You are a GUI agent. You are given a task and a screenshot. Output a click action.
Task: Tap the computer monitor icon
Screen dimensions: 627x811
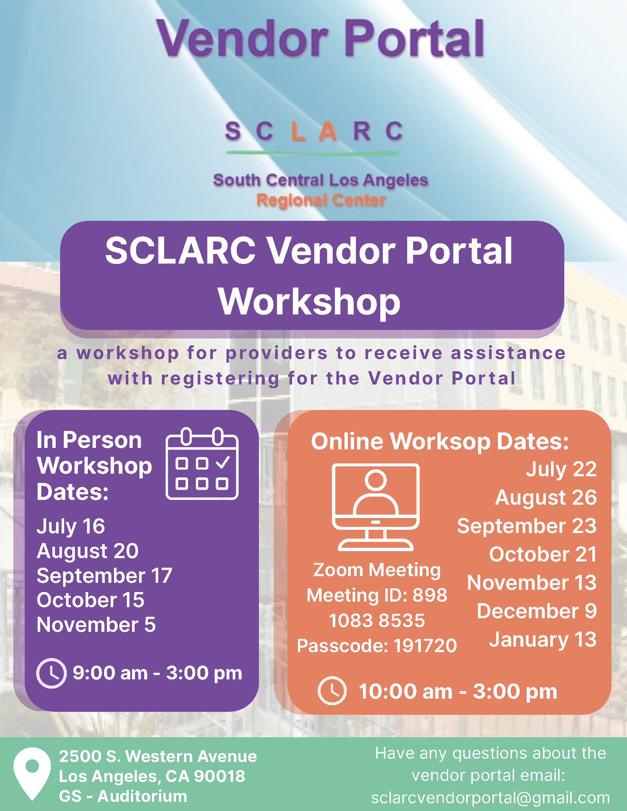point(375,507)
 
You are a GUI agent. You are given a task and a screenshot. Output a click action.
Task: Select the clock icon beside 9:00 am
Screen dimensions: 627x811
point(51,673)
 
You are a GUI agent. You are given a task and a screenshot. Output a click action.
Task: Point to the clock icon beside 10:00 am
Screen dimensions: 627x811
point(332,691)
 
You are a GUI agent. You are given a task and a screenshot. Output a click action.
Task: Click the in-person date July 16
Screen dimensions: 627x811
point(70,526)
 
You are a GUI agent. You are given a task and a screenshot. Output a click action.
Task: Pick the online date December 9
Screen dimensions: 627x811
point(537,611)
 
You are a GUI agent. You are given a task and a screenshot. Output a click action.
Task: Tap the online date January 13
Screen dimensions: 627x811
point(543,640)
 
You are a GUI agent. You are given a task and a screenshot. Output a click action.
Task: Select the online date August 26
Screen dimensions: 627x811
point(546,498)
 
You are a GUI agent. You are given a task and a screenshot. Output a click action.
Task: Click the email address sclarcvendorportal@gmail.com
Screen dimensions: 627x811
point(490,798)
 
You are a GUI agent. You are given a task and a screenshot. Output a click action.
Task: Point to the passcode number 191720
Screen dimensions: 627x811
point(425,645)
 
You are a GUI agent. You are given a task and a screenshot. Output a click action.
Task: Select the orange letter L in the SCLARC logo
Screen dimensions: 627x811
point(298,131)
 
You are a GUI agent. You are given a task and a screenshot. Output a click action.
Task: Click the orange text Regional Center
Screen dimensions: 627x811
point(321,201)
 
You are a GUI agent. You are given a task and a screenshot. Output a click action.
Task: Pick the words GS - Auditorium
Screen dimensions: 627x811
point(123,796)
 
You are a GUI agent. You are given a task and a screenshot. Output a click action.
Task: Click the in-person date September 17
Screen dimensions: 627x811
point(104,575)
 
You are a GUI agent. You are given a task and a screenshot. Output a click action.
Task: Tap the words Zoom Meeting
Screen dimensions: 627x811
point(377,570)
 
